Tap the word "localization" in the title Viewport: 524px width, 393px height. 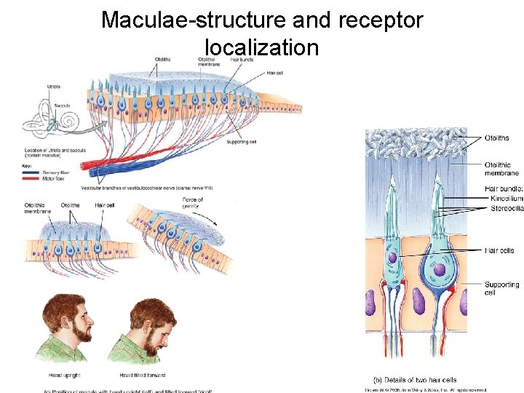(262, 48)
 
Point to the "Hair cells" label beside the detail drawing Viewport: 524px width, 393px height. (499, 250)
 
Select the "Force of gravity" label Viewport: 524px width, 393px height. (193, 203)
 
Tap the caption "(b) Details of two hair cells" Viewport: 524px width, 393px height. (415, 380)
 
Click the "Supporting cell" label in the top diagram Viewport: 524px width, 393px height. (242, 141)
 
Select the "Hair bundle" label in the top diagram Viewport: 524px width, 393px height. (242, 59)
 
